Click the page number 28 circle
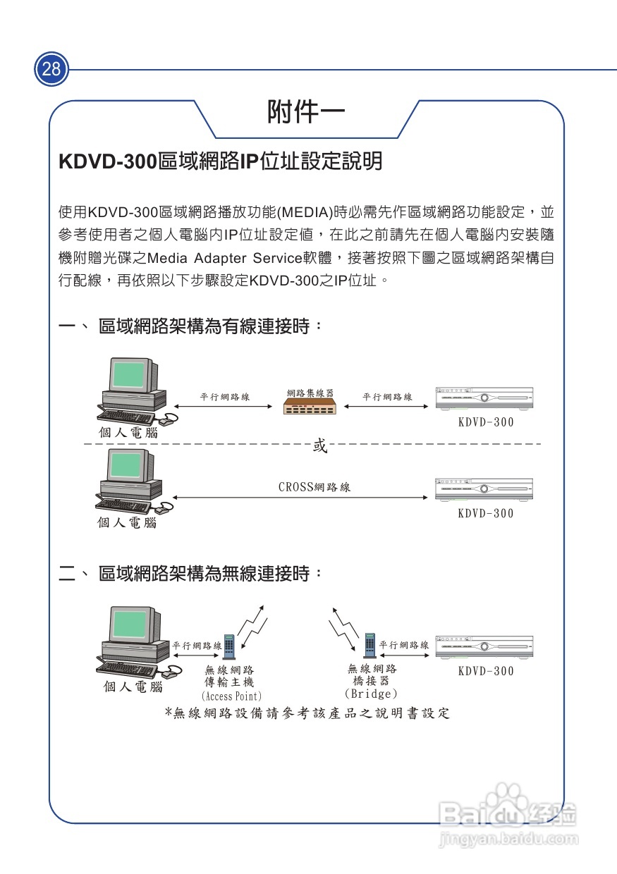tap(51, 69)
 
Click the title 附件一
tap(305, 112)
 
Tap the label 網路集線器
tap(310, 393)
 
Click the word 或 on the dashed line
tap(319, 445)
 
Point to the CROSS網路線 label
tap(314, 487)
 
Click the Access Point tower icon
tap(230, 646)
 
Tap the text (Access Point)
tap(231, 696)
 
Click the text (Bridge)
tap(371, 694)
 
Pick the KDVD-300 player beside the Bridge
tap(484, 646)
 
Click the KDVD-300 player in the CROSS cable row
tap(484, 488)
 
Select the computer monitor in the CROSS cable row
tap(128, 467)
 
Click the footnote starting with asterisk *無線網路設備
tap(307, 713)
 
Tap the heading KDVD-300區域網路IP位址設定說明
tap(221, 161)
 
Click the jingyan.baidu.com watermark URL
tap(508, 839)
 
